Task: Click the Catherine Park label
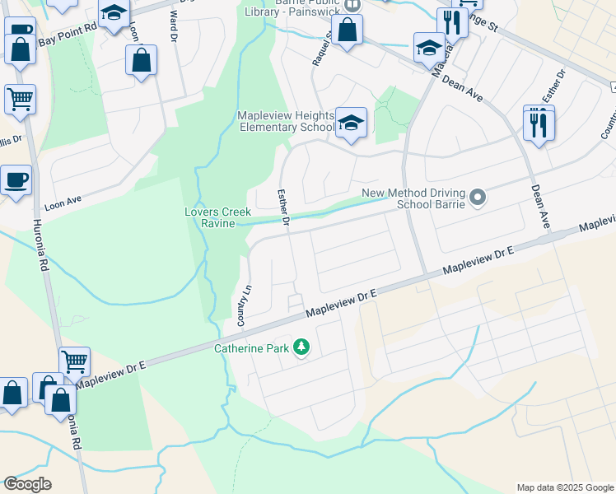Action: click(252, 348)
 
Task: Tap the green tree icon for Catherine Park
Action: click(302, 347)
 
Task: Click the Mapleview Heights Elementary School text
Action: click(286, 121)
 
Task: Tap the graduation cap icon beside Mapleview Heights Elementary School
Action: click(352, 123)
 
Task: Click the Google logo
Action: click(27, 484)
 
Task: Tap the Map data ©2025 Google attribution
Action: click(563, 487)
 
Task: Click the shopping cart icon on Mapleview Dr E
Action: click(75, 361)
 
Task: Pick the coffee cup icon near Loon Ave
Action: click(16, 179)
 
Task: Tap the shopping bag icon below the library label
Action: click(348, 30)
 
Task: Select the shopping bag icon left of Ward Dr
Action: click(142, 60)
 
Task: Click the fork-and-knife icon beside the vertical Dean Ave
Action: click(539, 123)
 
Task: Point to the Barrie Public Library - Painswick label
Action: click(294, 8)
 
